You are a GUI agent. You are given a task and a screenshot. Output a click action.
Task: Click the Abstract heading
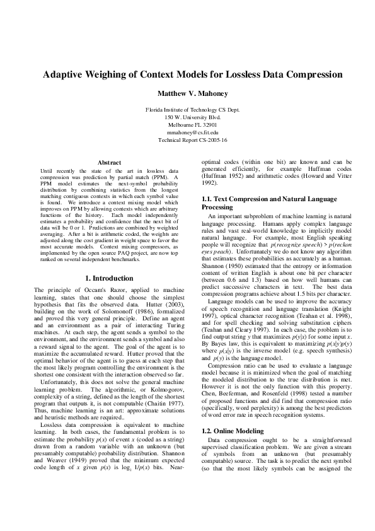110,163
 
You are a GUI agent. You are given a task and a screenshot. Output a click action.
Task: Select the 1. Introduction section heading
110,278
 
